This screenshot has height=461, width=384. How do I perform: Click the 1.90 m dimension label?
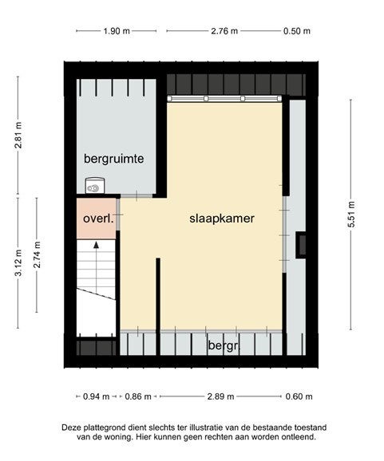pos(117,31)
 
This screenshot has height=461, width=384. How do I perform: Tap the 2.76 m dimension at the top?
pos(224,31)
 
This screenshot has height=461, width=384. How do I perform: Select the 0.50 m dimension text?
pos(297,31)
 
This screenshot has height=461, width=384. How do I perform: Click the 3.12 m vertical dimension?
pos(18,262)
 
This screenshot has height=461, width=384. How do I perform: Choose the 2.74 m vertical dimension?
pos(37,254)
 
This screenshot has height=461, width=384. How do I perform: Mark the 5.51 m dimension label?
pos(351,215)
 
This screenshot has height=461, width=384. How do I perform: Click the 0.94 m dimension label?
pos(97,396)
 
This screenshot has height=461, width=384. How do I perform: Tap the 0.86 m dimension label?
pos(138,396)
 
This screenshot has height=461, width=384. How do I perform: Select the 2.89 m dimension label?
pos(220,396)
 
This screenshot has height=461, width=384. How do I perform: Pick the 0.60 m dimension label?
pos(299,396)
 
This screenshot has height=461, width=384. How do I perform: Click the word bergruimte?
pos(114,159)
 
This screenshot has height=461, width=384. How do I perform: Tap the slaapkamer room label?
pos(222,219)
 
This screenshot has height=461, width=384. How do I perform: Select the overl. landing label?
pos(98,219)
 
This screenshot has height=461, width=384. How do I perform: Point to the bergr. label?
pos(224,345)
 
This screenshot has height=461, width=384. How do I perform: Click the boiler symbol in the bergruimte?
pos(95,186)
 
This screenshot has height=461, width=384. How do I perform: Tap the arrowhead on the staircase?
pos(97,245)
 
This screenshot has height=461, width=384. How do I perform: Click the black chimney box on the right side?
pos(301,245)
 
